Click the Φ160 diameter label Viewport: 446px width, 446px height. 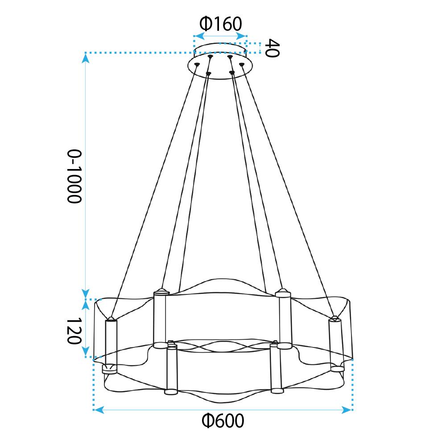pos(220,23)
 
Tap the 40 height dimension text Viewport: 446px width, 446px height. pos(272,48)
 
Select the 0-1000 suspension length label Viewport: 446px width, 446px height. pos(74,176)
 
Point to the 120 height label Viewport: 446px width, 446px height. pos(74,331)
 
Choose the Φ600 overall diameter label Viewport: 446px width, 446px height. pos(223,420)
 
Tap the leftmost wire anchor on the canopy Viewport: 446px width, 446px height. pos(197,65)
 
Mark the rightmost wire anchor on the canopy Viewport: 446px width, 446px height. pos(242,65)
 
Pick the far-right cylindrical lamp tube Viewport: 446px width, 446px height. pos(335,341)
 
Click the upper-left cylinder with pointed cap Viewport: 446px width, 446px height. pos(160,318)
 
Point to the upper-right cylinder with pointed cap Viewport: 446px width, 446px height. pos(283,318)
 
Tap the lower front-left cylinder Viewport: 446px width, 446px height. pos(171,368)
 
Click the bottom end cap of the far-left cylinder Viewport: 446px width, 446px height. pos(110,369)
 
